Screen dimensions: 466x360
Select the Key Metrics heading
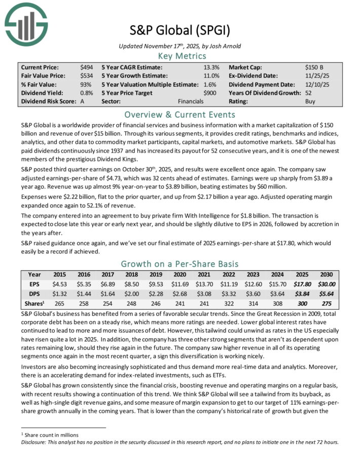179,56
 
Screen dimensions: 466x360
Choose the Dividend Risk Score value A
82,101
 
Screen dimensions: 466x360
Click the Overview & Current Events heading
179,114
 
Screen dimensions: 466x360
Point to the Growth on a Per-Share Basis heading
179,264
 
